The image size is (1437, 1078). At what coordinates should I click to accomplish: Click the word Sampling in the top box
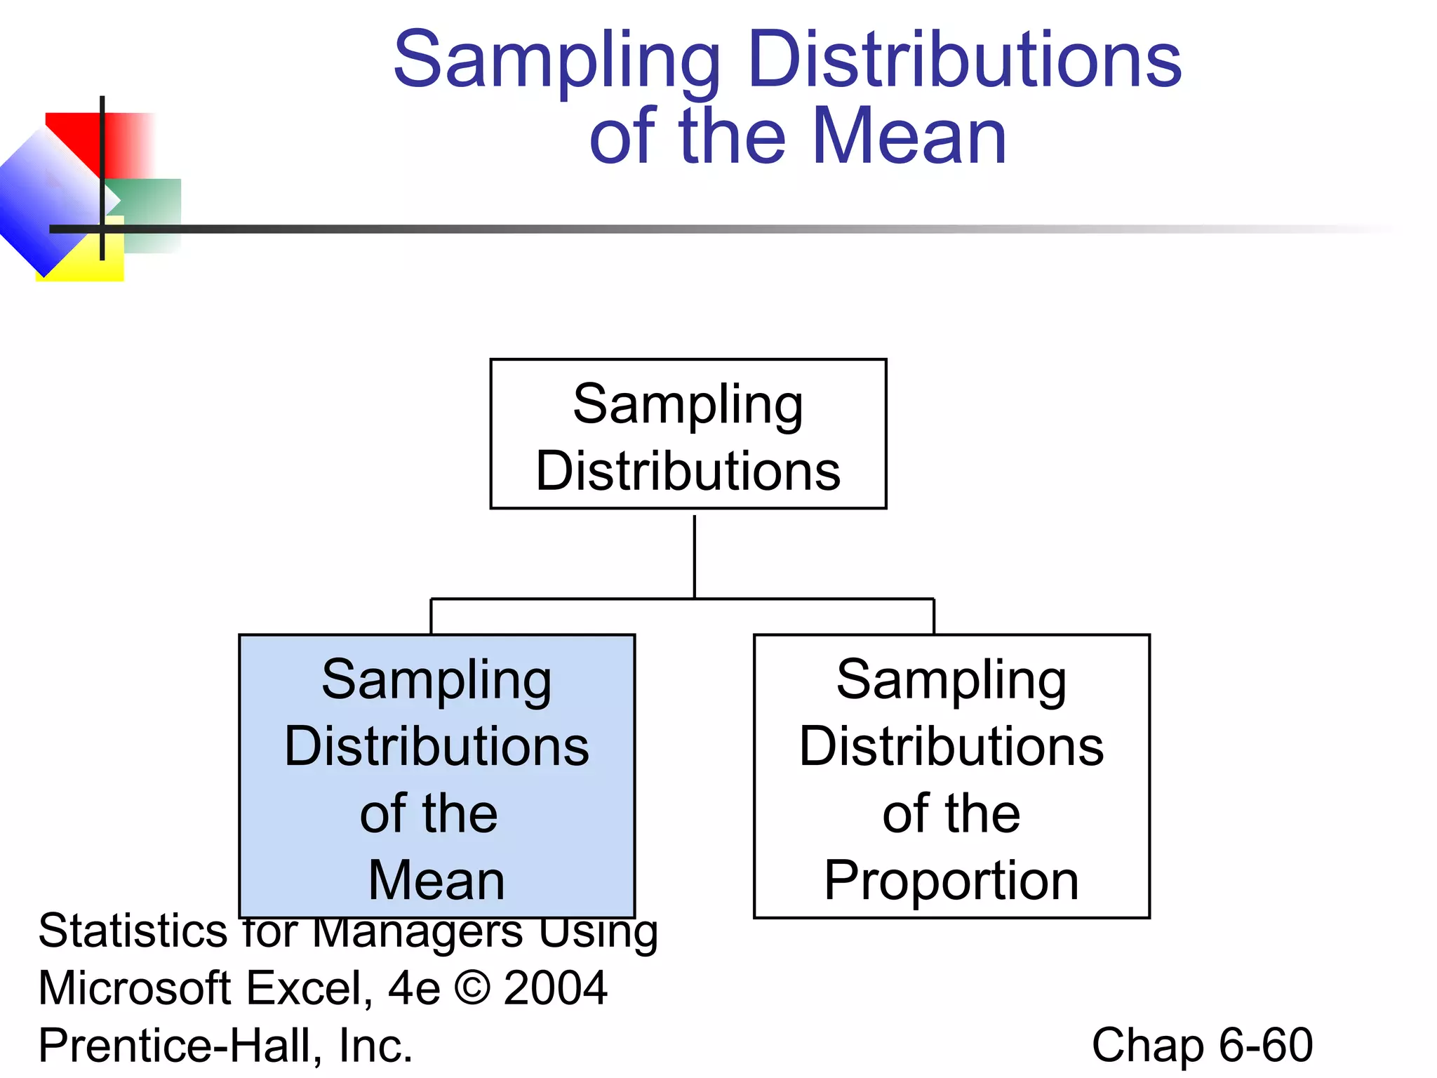[688, 405]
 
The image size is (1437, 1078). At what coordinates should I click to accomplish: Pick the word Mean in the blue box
[436, 880]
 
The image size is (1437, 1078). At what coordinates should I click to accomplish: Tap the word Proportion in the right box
[951, 880]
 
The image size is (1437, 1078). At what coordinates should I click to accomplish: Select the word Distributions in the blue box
[436, 746]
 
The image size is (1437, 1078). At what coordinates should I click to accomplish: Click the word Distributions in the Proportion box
[951, 746]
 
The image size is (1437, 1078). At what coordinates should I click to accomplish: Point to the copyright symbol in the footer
[472, 988]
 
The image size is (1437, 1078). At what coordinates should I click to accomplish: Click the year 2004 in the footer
[555, 988]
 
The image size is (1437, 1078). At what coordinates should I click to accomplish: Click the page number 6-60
[1266, 1045]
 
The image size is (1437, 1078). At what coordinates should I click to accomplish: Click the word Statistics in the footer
[132, 931]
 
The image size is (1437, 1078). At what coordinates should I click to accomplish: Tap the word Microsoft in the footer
[135, 988]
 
